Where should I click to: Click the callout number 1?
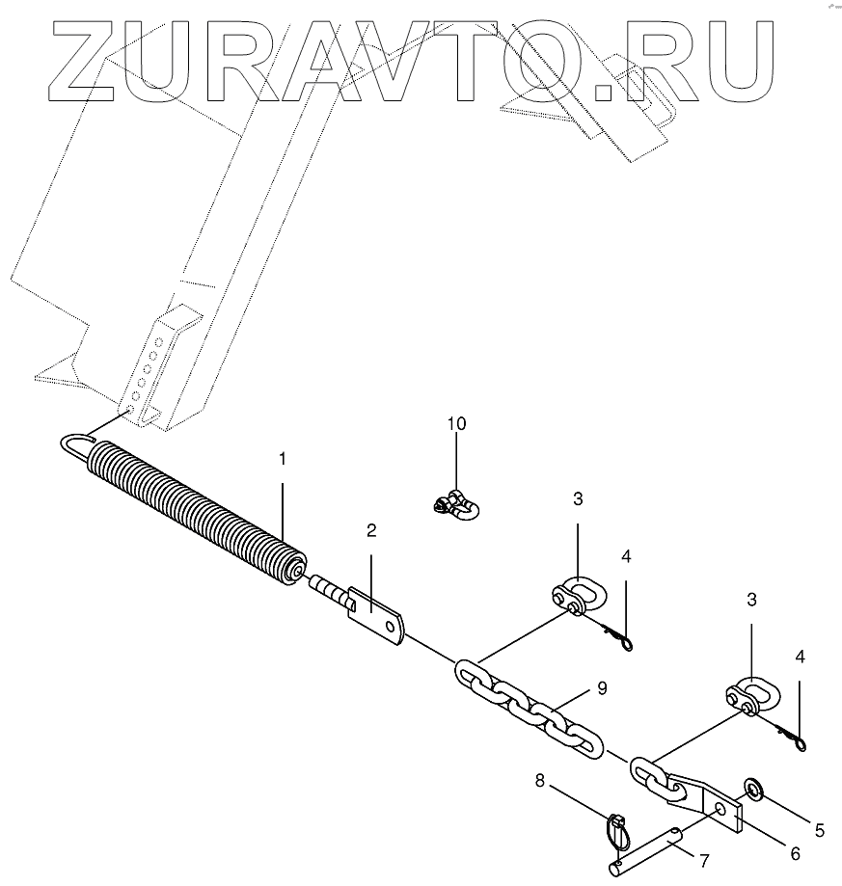283,460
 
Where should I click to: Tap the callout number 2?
370,530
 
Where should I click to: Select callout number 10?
455,423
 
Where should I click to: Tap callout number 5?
820,827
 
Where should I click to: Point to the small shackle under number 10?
455,504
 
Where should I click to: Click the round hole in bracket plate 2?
391,628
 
